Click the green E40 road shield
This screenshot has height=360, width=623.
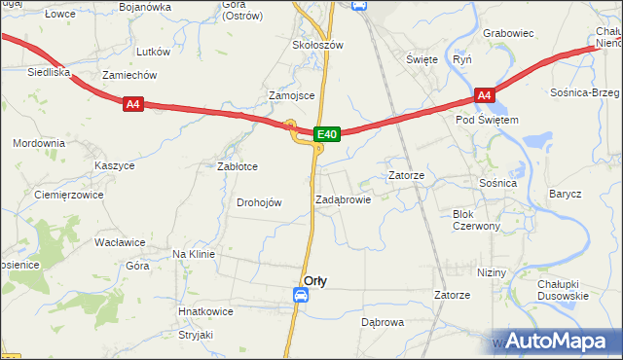coord(327,134)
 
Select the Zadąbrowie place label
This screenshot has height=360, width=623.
coord(343,198)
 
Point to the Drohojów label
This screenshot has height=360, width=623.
coord(259,202)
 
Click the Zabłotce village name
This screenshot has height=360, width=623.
coord(237,166)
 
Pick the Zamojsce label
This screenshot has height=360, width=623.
coord(290,95)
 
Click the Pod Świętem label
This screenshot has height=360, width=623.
coord(487,120)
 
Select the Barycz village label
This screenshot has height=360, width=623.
coord(565,194)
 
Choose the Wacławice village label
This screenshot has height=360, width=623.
coord(120,241)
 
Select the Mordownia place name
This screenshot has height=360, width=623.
coord(39,143)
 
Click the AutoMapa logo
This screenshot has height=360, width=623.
coord(563,341)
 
